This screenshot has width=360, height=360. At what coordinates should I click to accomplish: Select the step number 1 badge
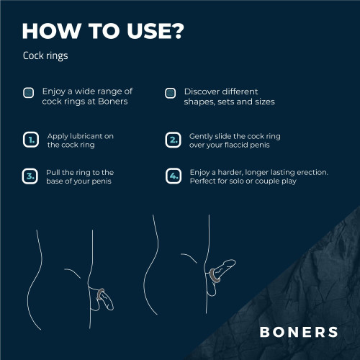click(x=30, y=140)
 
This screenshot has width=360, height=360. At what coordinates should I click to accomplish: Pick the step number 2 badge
click(x=173, y=140)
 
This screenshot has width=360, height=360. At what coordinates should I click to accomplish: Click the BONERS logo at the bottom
click(x=299, y=332)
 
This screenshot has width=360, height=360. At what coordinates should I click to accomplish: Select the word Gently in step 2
click(x=202, y=135)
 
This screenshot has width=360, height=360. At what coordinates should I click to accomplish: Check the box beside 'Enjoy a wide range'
click(x=28, y=92)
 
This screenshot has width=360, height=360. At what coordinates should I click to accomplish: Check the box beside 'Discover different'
click(x=171, y=92)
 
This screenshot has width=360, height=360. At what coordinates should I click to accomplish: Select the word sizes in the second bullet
click(x=261, y=102)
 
